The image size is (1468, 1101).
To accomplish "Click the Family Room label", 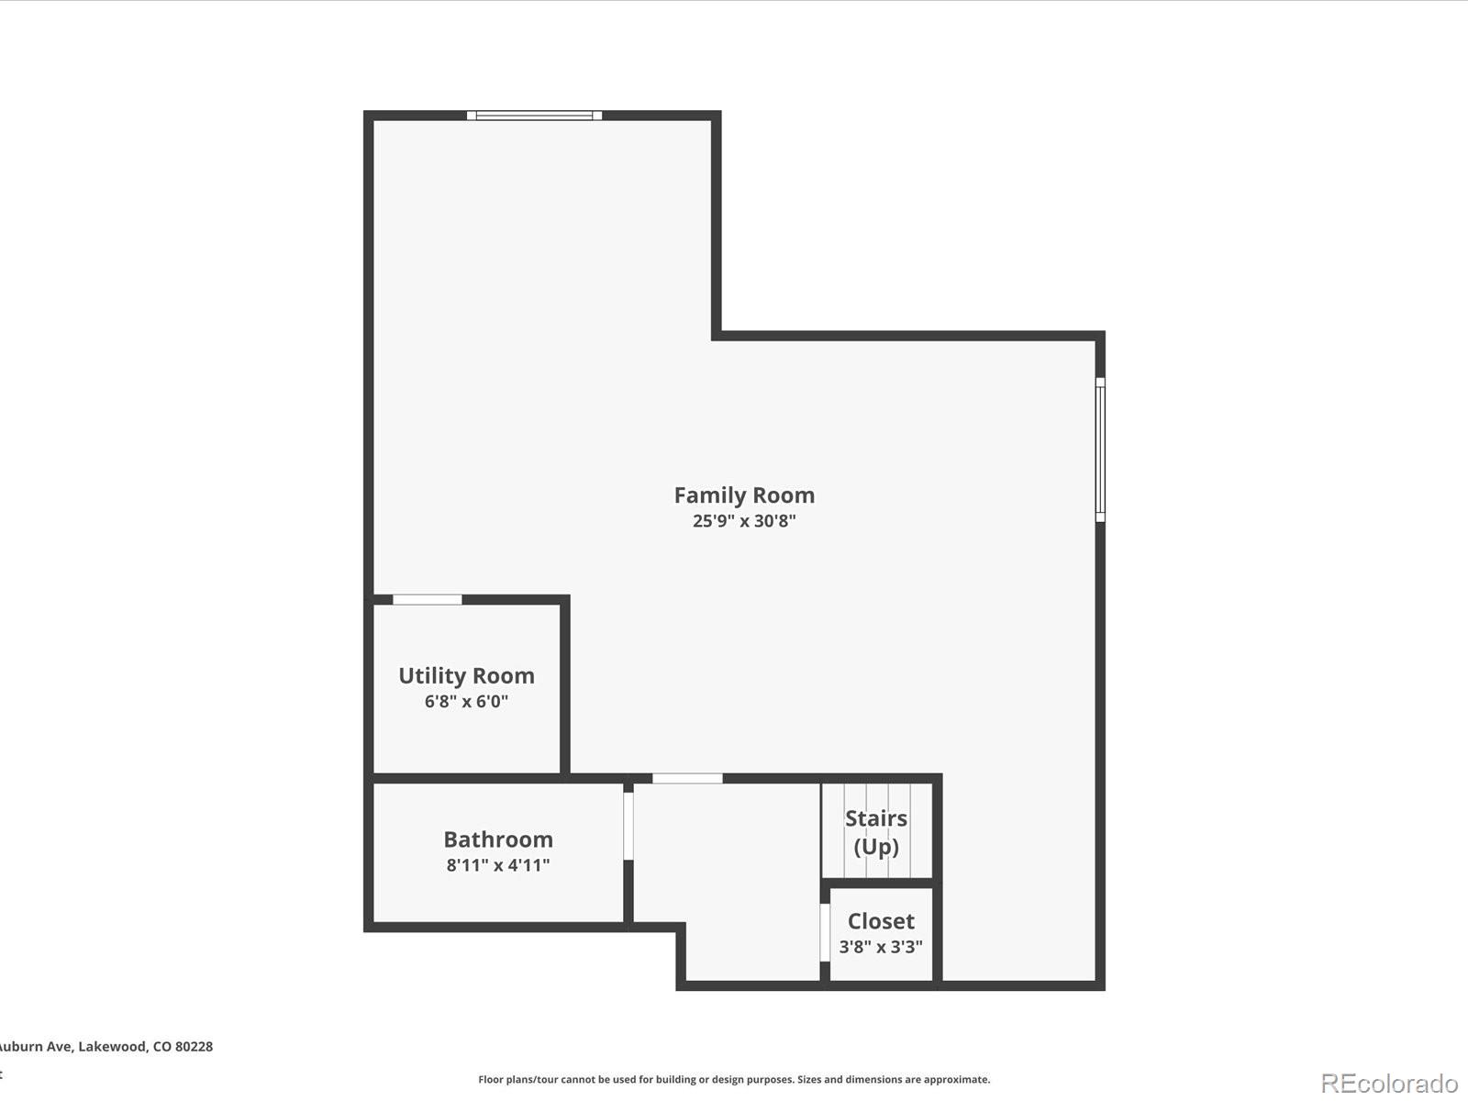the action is coord(744,495).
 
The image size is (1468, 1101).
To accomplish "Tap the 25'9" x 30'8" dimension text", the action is coord(744,521).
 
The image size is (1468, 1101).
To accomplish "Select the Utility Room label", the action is coord(466,676).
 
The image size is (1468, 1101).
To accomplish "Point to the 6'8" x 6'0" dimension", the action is coord(466,701).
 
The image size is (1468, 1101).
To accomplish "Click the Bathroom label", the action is coord(498,839).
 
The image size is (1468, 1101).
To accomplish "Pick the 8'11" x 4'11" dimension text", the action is coord(498,865).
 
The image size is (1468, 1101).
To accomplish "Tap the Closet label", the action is coord(881,921).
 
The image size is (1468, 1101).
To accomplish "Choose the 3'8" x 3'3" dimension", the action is coord(881,947).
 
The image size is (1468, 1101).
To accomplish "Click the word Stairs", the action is coord(876,818).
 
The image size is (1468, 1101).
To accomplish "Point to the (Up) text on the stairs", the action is coord(876,847).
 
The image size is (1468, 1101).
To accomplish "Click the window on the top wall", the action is coord(534,116).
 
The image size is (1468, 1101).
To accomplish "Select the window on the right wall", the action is coord(1100,450).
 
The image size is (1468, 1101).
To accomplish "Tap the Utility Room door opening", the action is coord(428,600).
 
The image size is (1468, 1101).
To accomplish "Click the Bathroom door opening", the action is coord(628,827).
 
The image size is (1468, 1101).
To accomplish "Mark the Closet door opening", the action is coord(825,932).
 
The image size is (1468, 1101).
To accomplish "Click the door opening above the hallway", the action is coord(687,778).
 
